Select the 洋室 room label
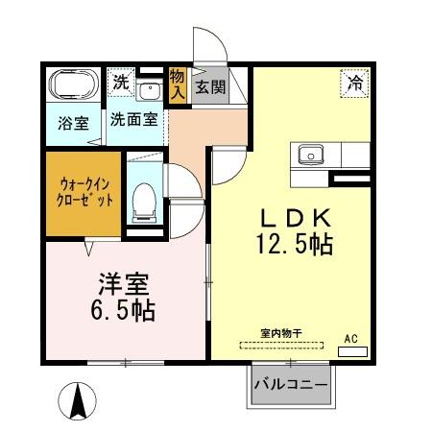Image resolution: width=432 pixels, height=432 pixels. (123, 285)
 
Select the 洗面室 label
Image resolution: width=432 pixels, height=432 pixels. (133, 123)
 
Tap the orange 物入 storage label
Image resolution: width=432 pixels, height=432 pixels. (178, 85)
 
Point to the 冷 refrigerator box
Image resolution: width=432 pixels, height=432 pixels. (353, 84)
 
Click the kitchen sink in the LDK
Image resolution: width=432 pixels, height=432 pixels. (313, 155)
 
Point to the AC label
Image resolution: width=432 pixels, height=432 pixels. (352, 339)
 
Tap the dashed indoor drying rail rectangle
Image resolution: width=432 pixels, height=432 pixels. (280, 344)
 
